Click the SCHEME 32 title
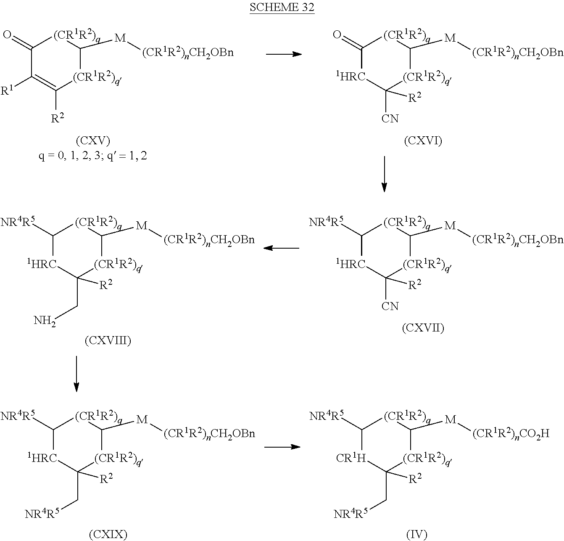[282, 8]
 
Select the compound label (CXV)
[93, 141]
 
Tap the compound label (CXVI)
[423, 141]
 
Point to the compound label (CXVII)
[423, 328]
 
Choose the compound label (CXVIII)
[108, 340]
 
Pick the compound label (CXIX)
[108, 535]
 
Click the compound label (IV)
[416, 535]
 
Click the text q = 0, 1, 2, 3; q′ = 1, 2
[93, 156]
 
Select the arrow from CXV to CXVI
[284, 54]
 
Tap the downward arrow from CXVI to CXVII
[384, 174]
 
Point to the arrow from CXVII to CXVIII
[281, 248]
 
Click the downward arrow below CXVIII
[76, 374]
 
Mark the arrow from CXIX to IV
[282, 446]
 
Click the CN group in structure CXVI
[390, 119]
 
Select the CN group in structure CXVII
[390, 306]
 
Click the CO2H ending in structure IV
[535, 434]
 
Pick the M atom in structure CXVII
[450, 226]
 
